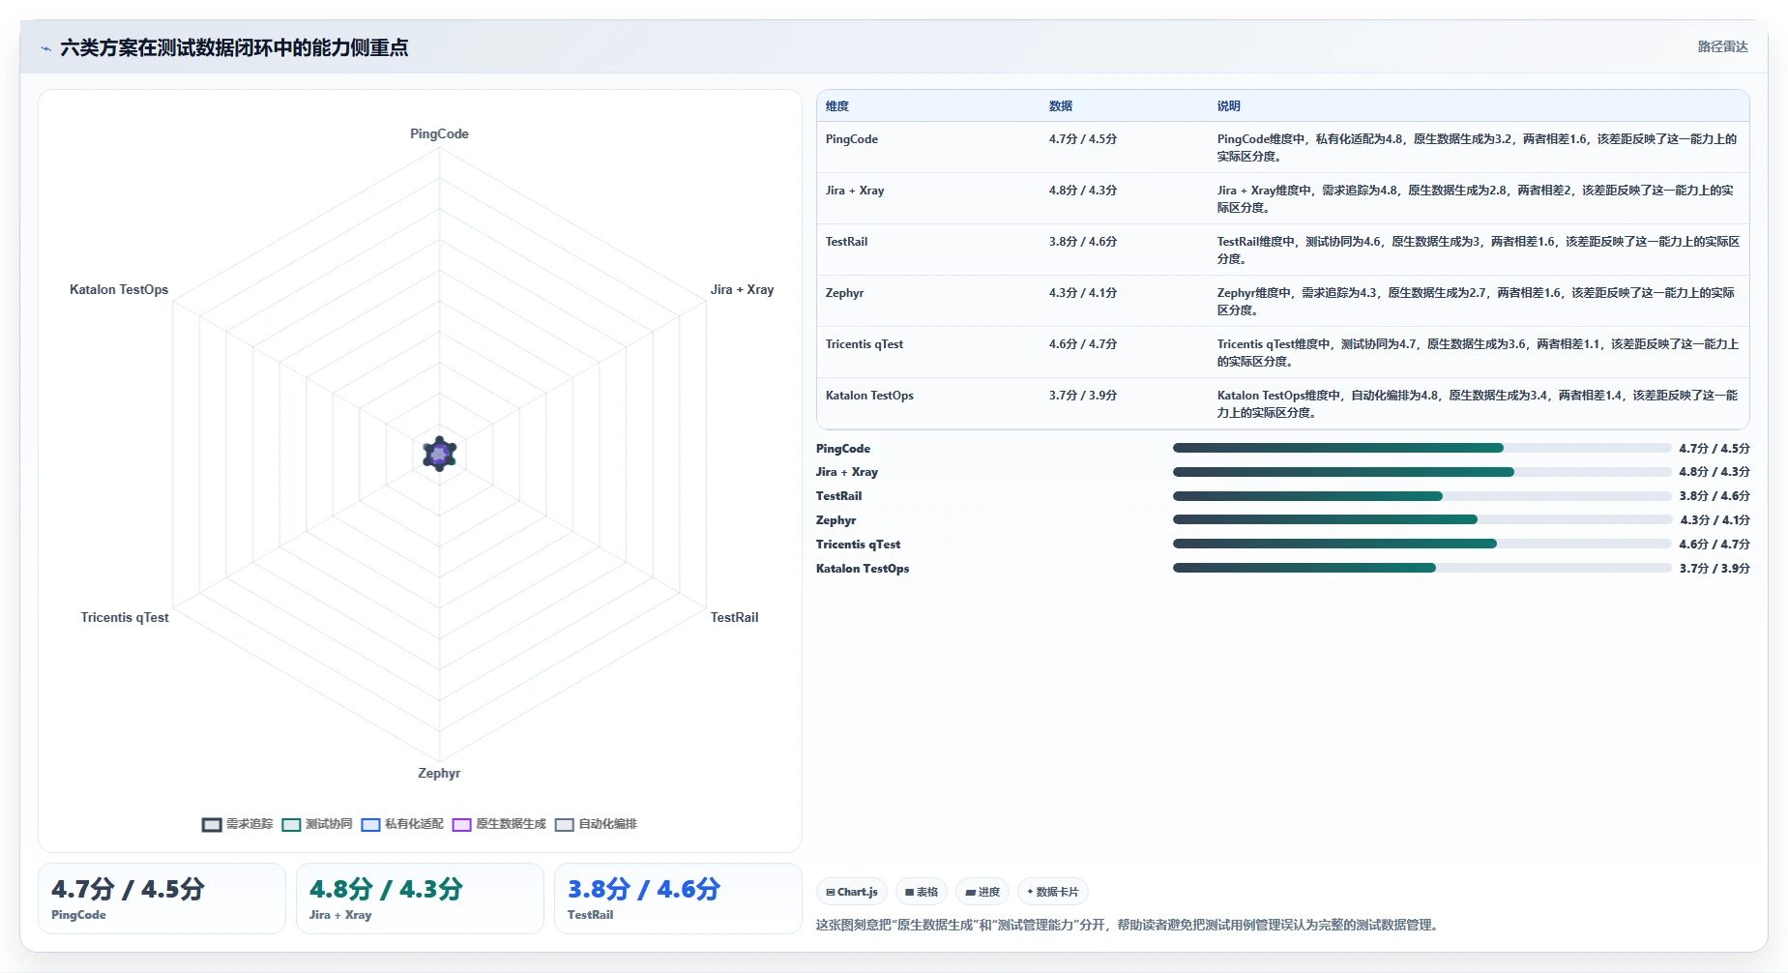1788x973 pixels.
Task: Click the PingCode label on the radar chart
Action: (x=439, y=133)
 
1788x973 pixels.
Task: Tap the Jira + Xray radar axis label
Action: (x=742, y=289)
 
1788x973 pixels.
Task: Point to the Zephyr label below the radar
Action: (x=439, y=773)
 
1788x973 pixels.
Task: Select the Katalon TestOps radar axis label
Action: (x=119, y=289)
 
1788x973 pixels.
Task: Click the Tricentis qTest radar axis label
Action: (x=125, y=617)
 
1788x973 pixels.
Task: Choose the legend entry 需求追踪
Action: (x=238, y=824)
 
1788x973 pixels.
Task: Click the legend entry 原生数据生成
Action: (x=499, y=824)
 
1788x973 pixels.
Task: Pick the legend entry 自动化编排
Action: (x=596, y=824)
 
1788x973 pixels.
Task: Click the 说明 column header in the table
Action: (x=1228, y=106)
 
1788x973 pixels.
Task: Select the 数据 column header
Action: (x=1061, y=106)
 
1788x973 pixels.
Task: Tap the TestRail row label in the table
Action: (x=846, y=242)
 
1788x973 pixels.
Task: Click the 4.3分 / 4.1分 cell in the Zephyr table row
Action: (x=1083, y=293)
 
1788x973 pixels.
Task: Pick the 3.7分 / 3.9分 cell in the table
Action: (x=1083, y=396)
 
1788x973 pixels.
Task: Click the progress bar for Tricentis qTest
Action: (x=1422, y=545)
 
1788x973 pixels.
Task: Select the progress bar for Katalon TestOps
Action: (x=1422, y=569)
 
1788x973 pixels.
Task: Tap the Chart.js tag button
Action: (x=852, y=892)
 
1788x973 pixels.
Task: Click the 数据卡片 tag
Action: (x=1052, y=892)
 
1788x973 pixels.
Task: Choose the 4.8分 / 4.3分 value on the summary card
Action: (x=386, y=889)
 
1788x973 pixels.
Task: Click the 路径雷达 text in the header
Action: (x=1723, y=46)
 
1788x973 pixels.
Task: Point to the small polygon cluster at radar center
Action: (x=440, y=454)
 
